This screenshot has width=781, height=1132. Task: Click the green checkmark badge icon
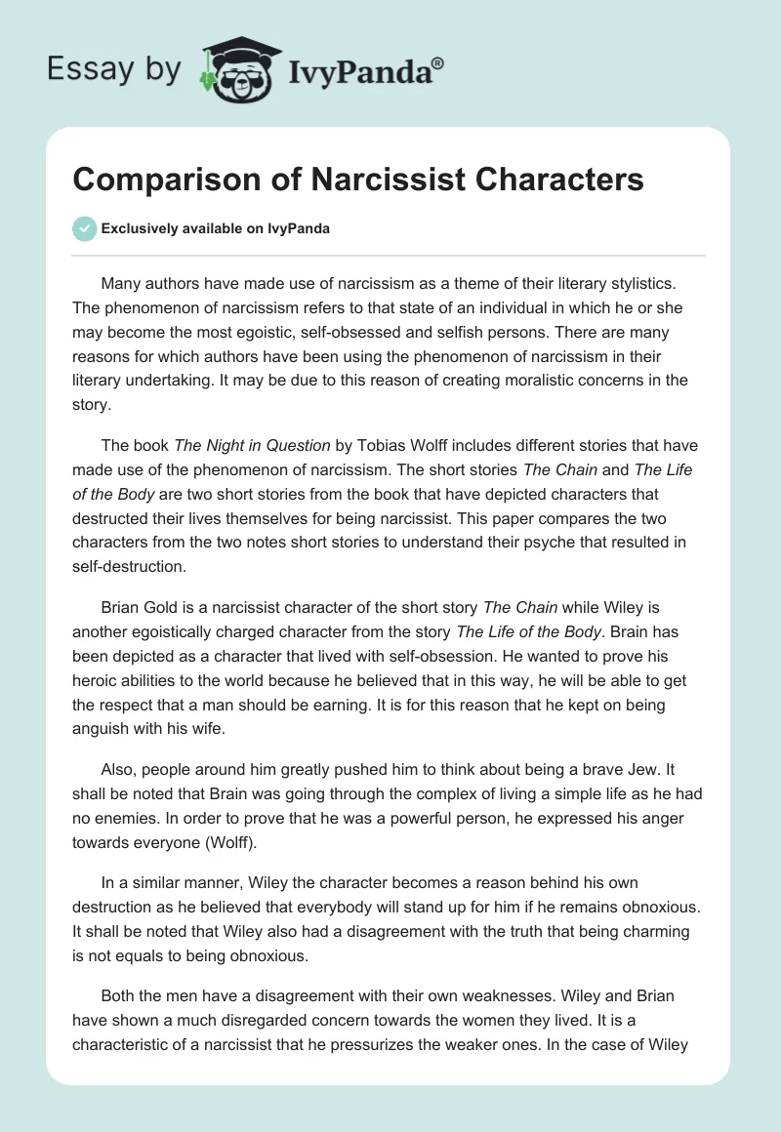[84, 228]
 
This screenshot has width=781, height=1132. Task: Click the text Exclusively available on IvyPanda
[215, 228]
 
